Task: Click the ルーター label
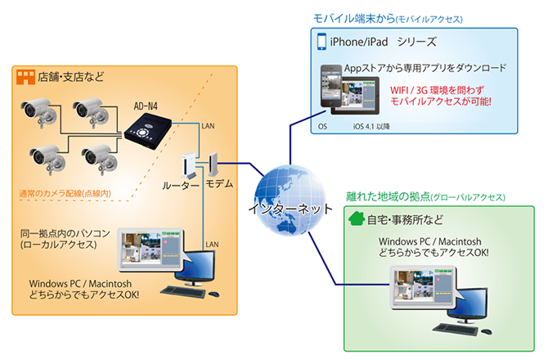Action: pos(182,186)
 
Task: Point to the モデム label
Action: pos(218,184)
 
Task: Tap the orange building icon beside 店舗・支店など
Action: pos(25,78)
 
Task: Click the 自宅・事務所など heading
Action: pos(406,219)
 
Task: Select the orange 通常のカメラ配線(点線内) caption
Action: pos(65,195)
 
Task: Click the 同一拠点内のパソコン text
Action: pos(65,233)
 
